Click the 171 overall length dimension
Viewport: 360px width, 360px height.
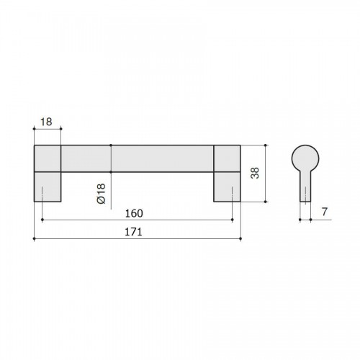[133, 232]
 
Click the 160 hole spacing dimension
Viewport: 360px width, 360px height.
[134, 213]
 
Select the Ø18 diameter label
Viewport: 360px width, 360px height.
[102, 194]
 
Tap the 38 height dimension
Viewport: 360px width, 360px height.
[255, 173]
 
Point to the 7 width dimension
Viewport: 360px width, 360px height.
[325, 212]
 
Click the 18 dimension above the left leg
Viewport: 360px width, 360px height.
[46, 122]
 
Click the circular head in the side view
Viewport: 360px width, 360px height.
[305, 158]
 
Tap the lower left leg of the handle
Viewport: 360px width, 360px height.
[48, 187]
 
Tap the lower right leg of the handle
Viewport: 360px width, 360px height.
[227, 187]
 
